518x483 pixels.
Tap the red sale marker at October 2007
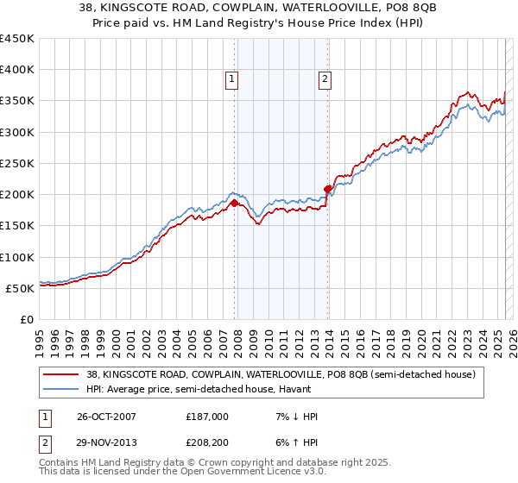(234, 204)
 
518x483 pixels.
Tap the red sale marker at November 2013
(328, 189)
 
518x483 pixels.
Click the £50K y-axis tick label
(21, 288)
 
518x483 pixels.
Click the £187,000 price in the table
(207, 417)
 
